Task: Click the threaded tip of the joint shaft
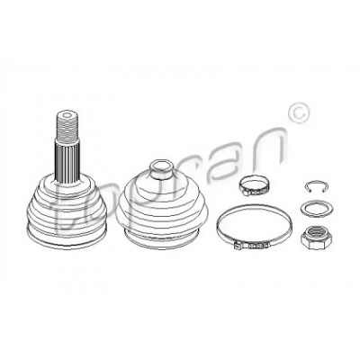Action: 67,126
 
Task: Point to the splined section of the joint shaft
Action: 67,160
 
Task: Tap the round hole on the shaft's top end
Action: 67,115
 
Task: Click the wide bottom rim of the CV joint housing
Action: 67,240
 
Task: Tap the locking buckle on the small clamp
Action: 247,192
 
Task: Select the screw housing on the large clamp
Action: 251,246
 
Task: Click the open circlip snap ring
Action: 316,186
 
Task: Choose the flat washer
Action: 315,208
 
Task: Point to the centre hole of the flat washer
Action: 316,208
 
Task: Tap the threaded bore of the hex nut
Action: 316,233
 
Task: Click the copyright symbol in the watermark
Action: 298,112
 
